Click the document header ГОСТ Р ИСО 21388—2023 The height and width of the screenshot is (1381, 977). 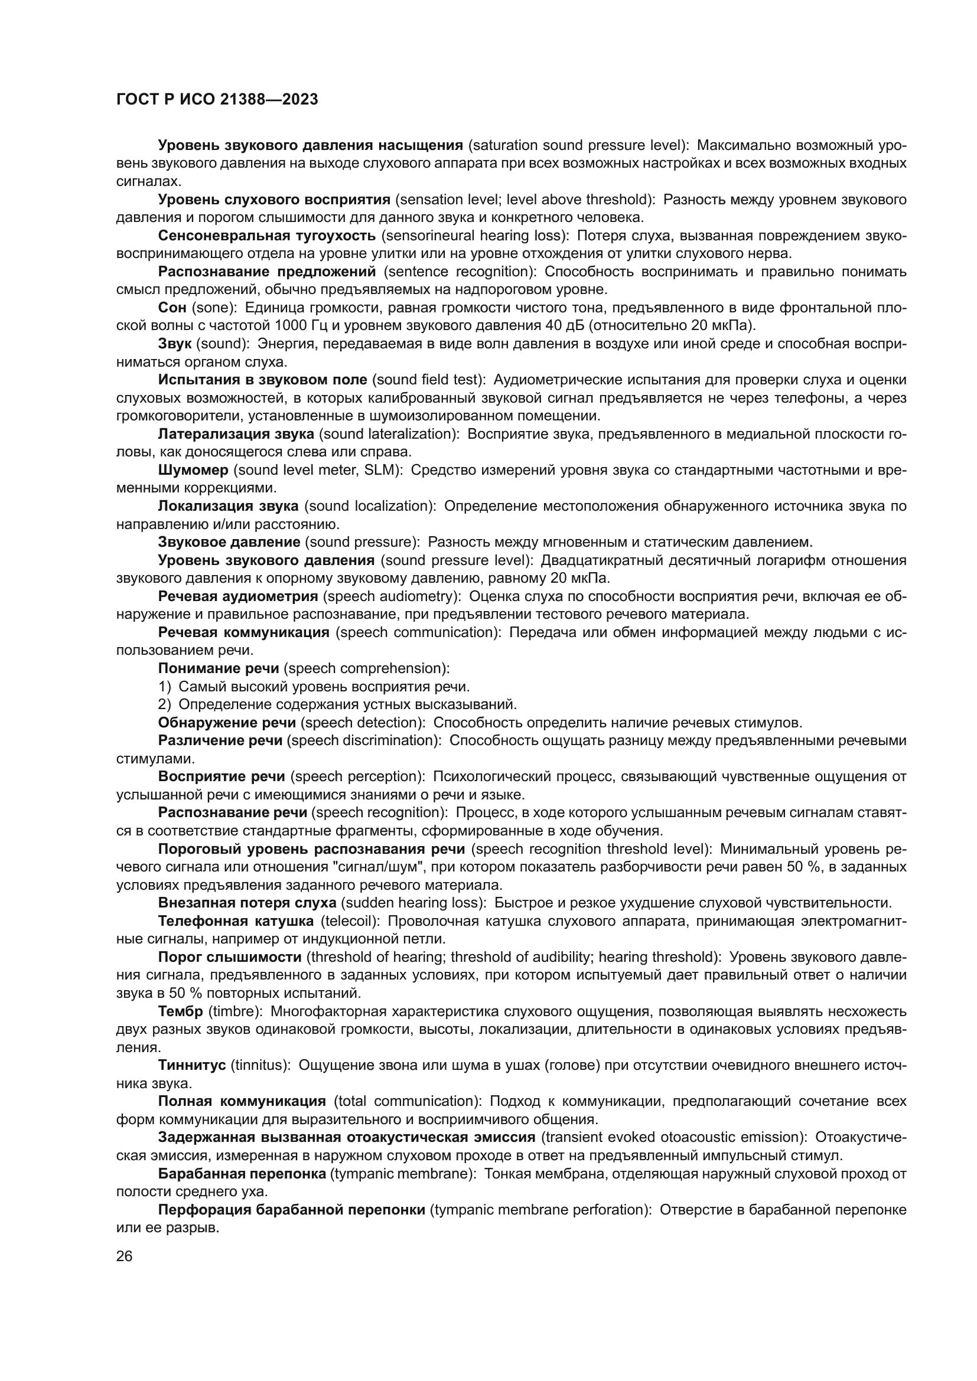pyautogui.click(x=217, y=100)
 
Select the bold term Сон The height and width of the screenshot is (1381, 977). pyautogui.click(x=172, y=308)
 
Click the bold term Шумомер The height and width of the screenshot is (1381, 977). pyautogui.click(x=193, y=470)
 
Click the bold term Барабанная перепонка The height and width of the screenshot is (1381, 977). pyautogui.click(x=242, y=1174)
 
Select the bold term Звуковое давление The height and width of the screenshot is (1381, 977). pyautogui.click(x=229, y=542)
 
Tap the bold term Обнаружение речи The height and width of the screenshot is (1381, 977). pyautogui.click(x=227, y=722)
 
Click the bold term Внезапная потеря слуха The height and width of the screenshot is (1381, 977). pyautogui.click(x=247, y=903)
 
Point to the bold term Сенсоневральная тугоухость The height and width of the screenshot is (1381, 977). pyautogui.click(x=267, y=236)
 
